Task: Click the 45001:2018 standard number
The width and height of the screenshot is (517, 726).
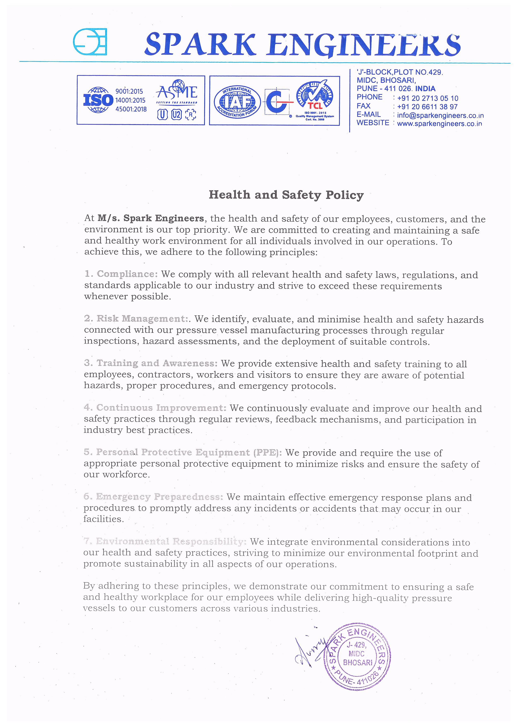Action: [x=131, y=109]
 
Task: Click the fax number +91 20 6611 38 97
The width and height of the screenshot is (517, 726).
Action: [x=427, y=107]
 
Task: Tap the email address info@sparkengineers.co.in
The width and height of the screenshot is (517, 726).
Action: [x=440, y=116]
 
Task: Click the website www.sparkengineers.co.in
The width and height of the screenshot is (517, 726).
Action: [x=439, y=124]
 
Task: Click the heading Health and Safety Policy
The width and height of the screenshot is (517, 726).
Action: [x=286, y=195]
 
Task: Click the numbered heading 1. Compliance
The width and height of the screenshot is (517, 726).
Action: [x=121, y=274]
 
